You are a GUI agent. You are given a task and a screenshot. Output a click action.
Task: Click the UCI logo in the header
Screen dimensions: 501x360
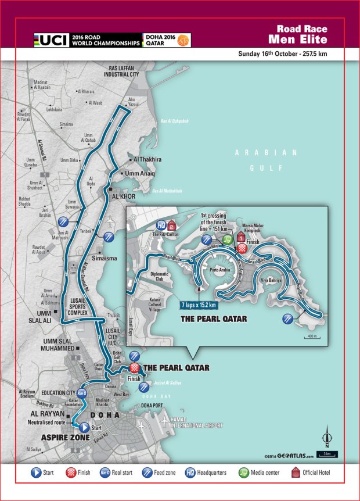pos(51,40)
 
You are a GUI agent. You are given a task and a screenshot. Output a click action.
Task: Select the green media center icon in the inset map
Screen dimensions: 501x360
pos(228,238)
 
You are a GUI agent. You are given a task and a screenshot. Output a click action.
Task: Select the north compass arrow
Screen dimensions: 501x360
pos(327,436)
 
